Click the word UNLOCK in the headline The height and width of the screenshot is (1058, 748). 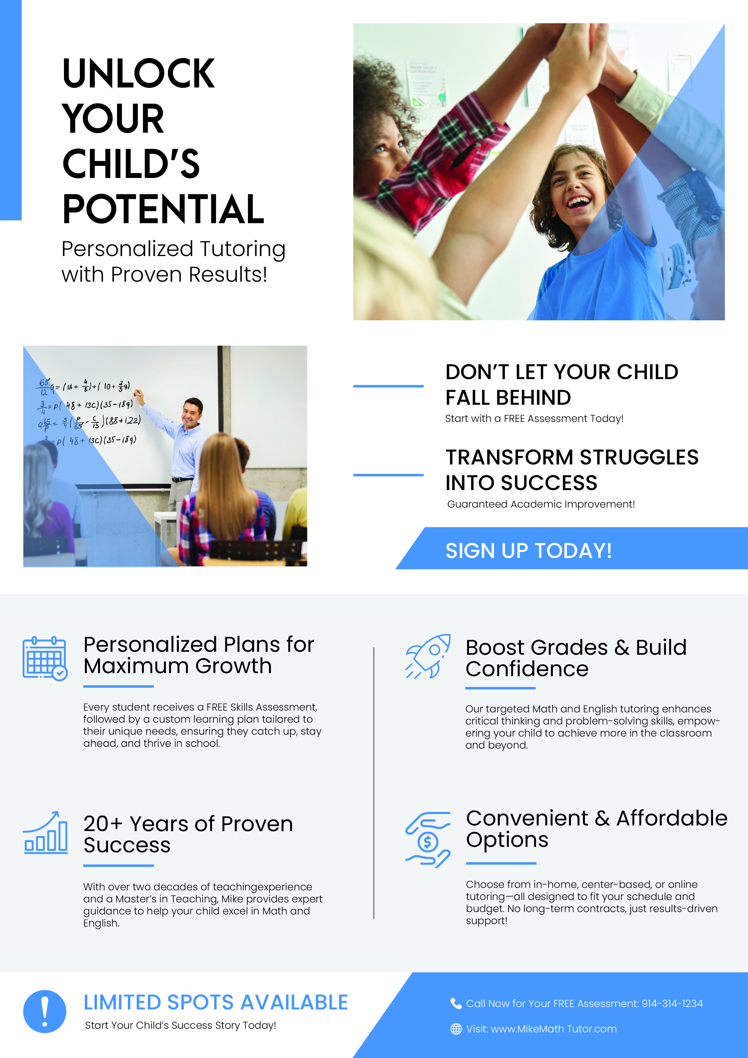pos(138,73)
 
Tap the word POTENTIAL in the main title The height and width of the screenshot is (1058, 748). pos(163,209)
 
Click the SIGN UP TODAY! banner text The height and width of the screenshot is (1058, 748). pos(529,551)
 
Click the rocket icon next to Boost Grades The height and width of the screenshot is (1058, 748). pos(428,656)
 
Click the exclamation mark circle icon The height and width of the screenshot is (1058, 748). pos(45,1012)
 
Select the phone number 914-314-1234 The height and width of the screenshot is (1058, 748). pos(672,1004)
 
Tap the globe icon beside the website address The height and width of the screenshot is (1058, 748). pos(456,1029)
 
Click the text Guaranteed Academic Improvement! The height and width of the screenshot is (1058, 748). pos(541,504)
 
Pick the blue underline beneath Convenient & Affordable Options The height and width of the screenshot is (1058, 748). pos(501,863)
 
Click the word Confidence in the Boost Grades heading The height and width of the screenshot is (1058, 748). pos(527,669)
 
